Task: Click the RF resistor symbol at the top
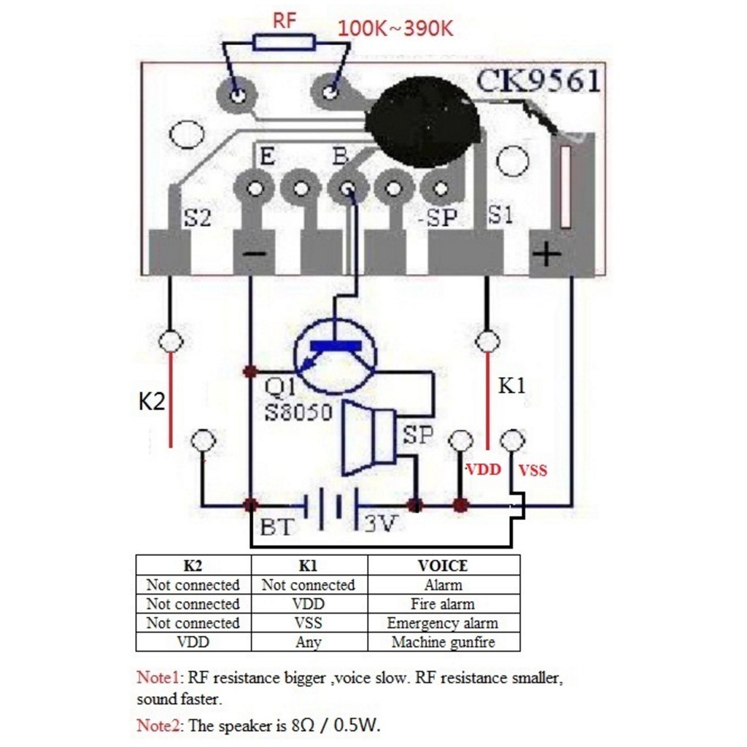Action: [285, 42]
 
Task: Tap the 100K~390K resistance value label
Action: [396, 29]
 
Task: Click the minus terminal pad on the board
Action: [253, 252]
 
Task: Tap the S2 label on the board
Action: [196, 217]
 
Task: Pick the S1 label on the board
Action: [500, 215]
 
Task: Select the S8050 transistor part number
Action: [298, 412]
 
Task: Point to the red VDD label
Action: [484, 470]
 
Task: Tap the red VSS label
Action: [533, 471]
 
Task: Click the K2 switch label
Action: [152, 402]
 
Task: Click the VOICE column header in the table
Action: [443, 565]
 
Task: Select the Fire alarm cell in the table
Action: [443, 604]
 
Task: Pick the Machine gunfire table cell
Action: [443, 642]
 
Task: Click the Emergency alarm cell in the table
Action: [443, 623]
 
